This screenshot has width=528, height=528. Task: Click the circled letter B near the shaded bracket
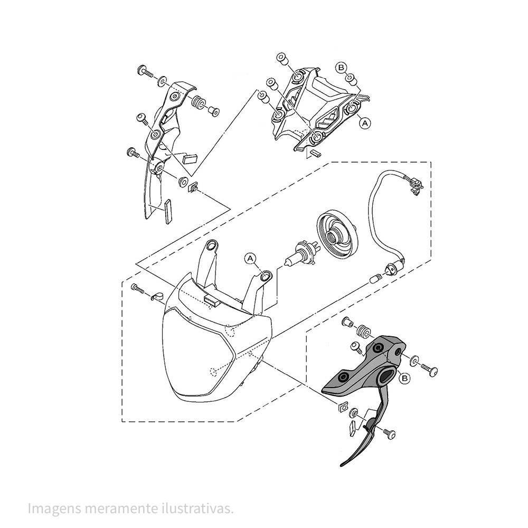pos(405,378)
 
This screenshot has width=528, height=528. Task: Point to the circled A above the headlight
pos(250,258)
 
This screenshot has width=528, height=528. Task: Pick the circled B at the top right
pos(341,68)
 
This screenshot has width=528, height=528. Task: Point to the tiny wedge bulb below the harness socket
pos(374,279)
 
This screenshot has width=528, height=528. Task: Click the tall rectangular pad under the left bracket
pos(168,211)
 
